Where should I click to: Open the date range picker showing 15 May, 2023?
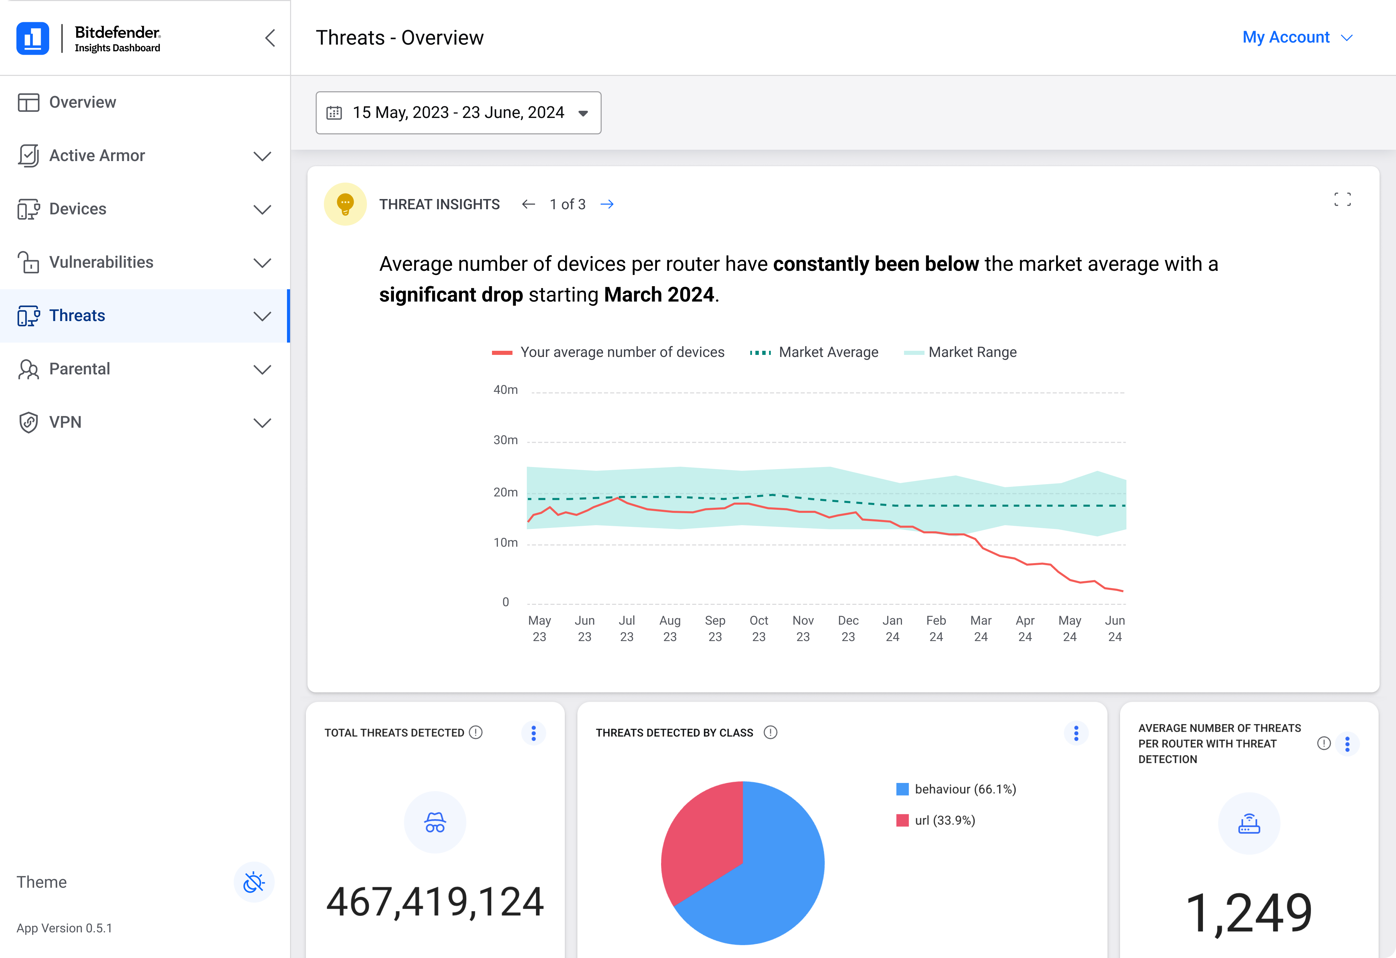[458, 112]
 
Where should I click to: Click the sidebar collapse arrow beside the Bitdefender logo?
[270, 38]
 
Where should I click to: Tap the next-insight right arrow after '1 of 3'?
[607, 204]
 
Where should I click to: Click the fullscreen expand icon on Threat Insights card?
[1343, 200]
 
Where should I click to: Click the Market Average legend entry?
[814, 352]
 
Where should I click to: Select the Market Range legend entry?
[960, 352]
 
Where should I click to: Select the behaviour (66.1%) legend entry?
[956, 789]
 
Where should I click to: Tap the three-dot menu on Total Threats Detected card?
[533, 733]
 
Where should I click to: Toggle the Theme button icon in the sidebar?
[254, 882]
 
